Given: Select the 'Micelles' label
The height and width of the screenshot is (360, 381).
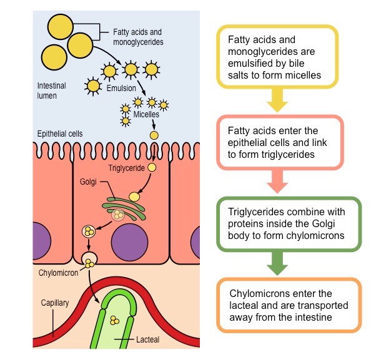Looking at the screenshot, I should pyautogui.click(x=147, y=114).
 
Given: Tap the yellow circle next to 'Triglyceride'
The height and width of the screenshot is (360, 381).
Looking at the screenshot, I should pyautogui.click(x=151, y=167).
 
